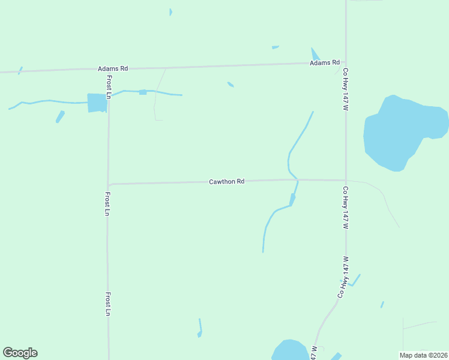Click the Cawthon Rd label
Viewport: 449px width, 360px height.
226,181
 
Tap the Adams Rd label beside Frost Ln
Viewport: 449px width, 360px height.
114,68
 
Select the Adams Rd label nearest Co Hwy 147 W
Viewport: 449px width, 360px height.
325,62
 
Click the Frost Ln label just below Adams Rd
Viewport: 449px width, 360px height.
109,87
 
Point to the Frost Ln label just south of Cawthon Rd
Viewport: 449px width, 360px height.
107,203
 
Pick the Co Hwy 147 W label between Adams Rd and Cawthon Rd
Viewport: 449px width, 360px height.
346,89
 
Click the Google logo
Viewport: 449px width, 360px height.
20,353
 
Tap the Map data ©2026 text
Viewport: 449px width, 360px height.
424,355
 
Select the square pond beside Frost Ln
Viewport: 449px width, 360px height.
97,103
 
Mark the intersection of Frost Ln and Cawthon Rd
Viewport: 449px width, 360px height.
108,184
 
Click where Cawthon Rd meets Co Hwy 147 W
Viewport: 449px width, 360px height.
346,180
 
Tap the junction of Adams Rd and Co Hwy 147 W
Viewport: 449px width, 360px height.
346,62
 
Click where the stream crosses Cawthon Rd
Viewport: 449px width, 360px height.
297,179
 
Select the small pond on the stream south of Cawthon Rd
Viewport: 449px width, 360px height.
292,199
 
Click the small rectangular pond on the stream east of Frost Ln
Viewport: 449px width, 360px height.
142,92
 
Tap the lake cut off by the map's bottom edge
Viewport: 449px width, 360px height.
290,350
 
